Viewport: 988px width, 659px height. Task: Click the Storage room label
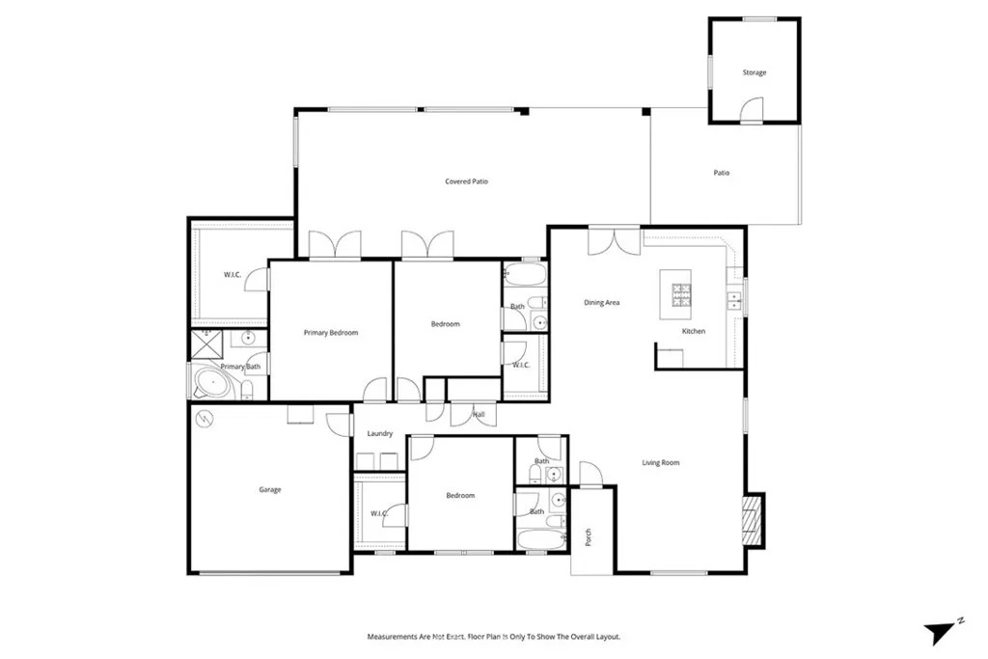pos(755,72)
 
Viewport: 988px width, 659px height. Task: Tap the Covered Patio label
pos(466,181)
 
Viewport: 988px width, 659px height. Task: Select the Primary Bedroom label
pos(331,333)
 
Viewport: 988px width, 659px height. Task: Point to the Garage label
pos(270,489)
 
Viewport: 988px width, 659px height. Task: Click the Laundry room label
pos(380,433)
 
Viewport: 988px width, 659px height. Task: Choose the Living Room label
pos(660,462)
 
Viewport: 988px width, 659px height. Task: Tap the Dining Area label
pos(602,302)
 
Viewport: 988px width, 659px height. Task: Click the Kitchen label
pos(694,331)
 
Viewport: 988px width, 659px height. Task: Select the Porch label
pos(589,537)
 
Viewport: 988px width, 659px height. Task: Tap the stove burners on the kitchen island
pos(681,295)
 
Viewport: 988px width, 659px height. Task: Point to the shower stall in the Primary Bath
pos(207,344)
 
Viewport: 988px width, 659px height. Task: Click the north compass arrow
pos(940,631)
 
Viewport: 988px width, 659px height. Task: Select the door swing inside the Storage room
pos(752,108)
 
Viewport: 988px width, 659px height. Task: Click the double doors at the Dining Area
pos(615,240)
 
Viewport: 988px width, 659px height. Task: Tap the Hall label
pos(479,415)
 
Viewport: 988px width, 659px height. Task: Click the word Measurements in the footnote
pos(392,637)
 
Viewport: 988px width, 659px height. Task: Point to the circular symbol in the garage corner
pos(205,419)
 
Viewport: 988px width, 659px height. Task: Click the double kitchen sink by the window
pos(733,300)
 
